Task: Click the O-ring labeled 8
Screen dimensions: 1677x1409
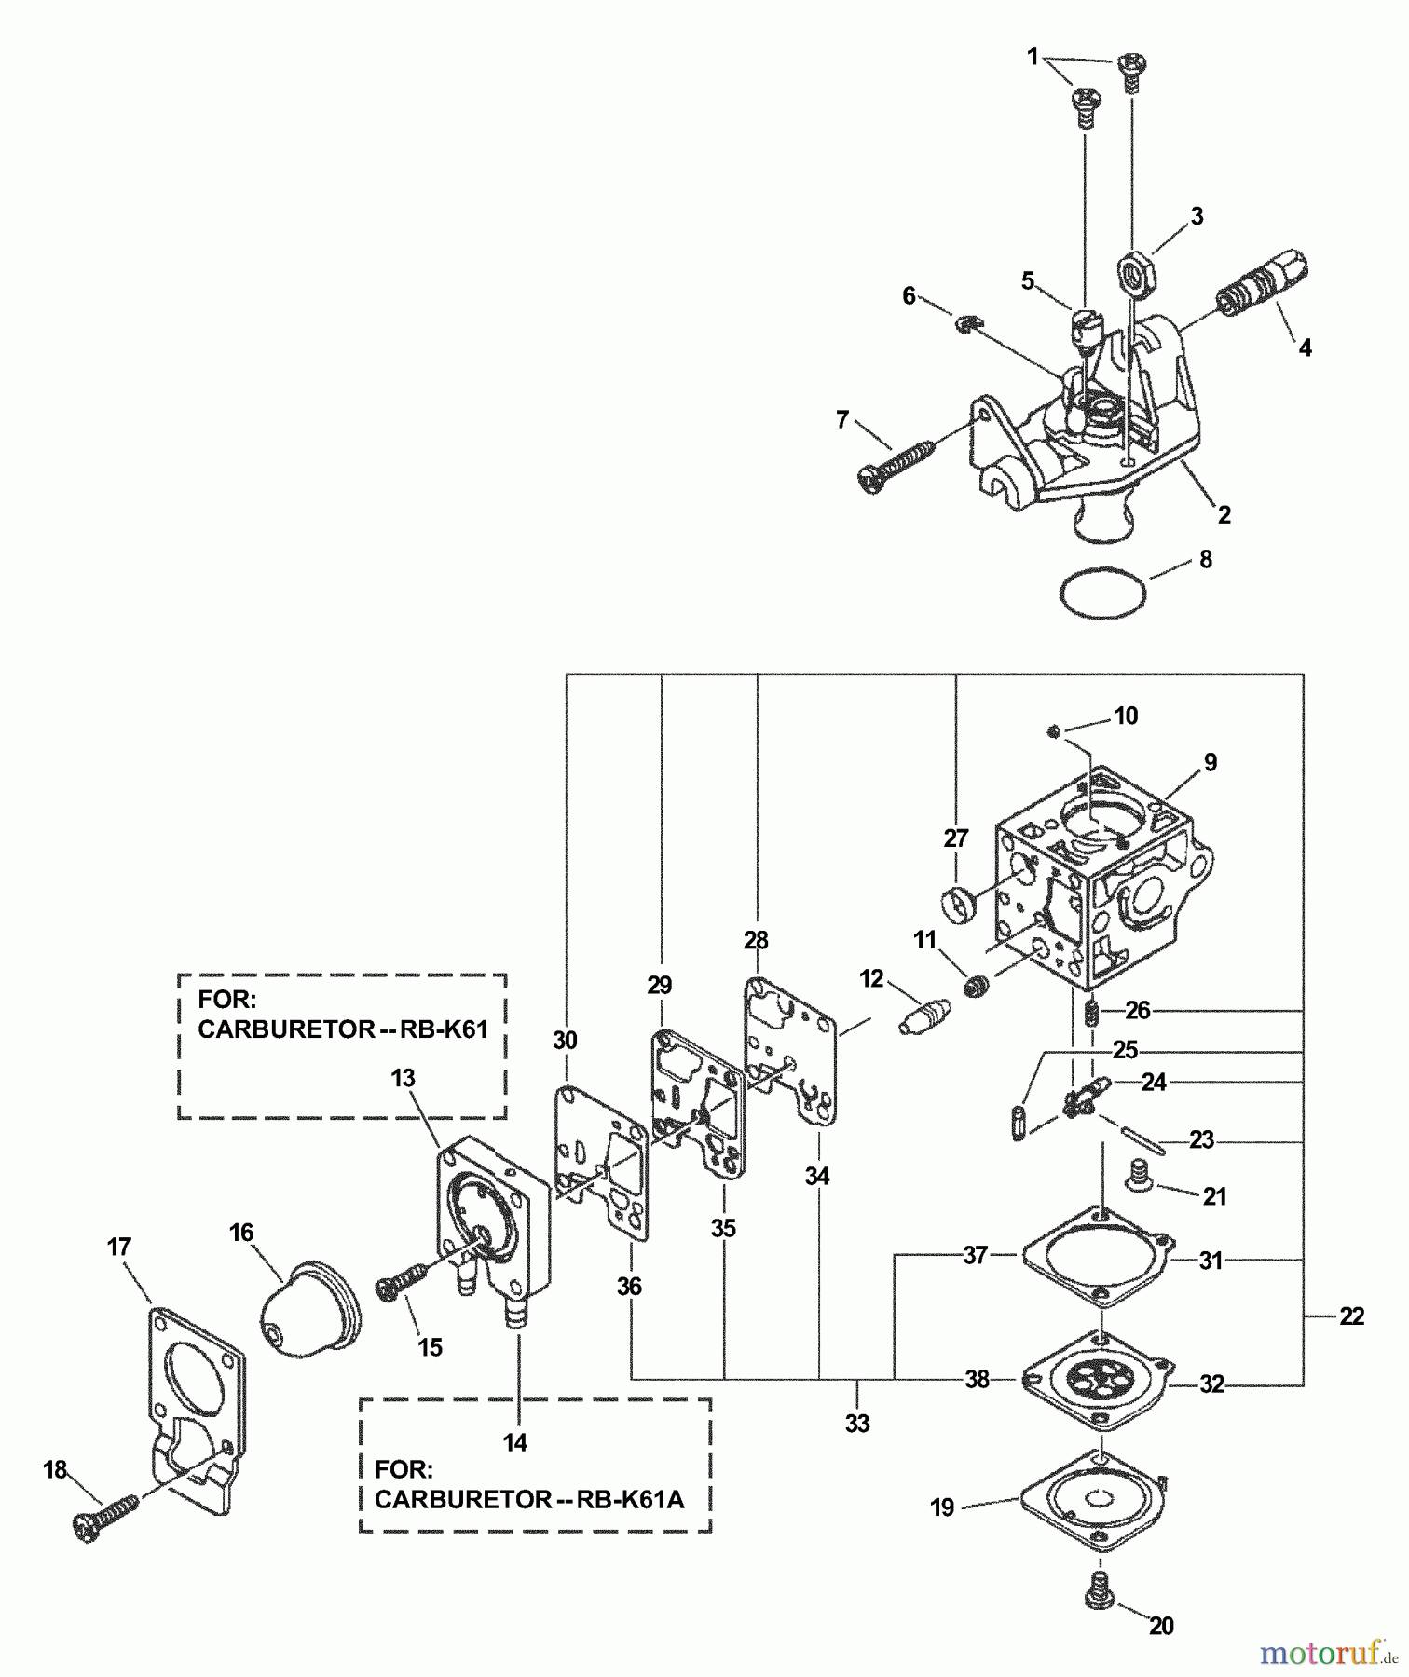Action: pos(1102,592)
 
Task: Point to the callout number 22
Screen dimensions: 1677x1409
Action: pos(1350,1316)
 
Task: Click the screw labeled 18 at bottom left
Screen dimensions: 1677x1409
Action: pos(104,1519)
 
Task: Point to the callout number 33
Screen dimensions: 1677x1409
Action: pos(857,1424)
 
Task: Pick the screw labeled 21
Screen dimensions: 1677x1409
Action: pos(1140,1175)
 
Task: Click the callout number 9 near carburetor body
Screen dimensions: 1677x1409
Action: pos(1210,763)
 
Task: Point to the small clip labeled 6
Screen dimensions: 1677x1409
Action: pos(966,323)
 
